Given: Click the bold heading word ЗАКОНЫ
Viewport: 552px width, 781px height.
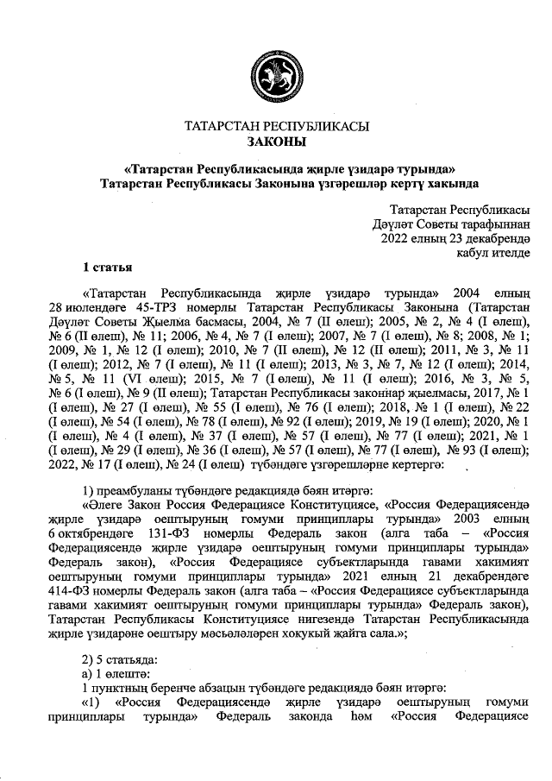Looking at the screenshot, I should pos(276,142).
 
